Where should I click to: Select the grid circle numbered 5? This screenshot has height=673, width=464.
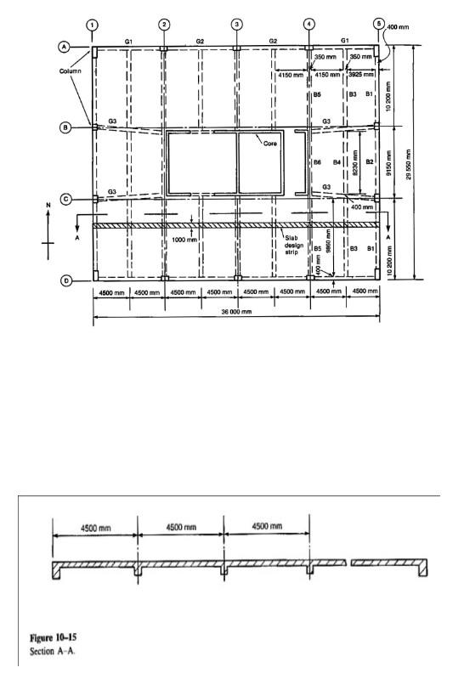tap(379, 24)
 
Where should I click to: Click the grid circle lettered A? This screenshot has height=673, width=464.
tap(64, 48)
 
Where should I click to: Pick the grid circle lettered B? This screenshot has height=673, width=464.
tap(64, 128)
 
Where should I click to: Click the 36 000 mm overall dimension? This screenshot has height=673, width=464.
tap(235, 312)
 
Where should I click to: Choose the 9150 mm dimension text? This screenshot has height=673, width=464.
tap(389, 161)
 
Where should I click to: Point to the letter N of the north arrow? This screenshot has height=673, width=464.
tap(48, 206)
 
